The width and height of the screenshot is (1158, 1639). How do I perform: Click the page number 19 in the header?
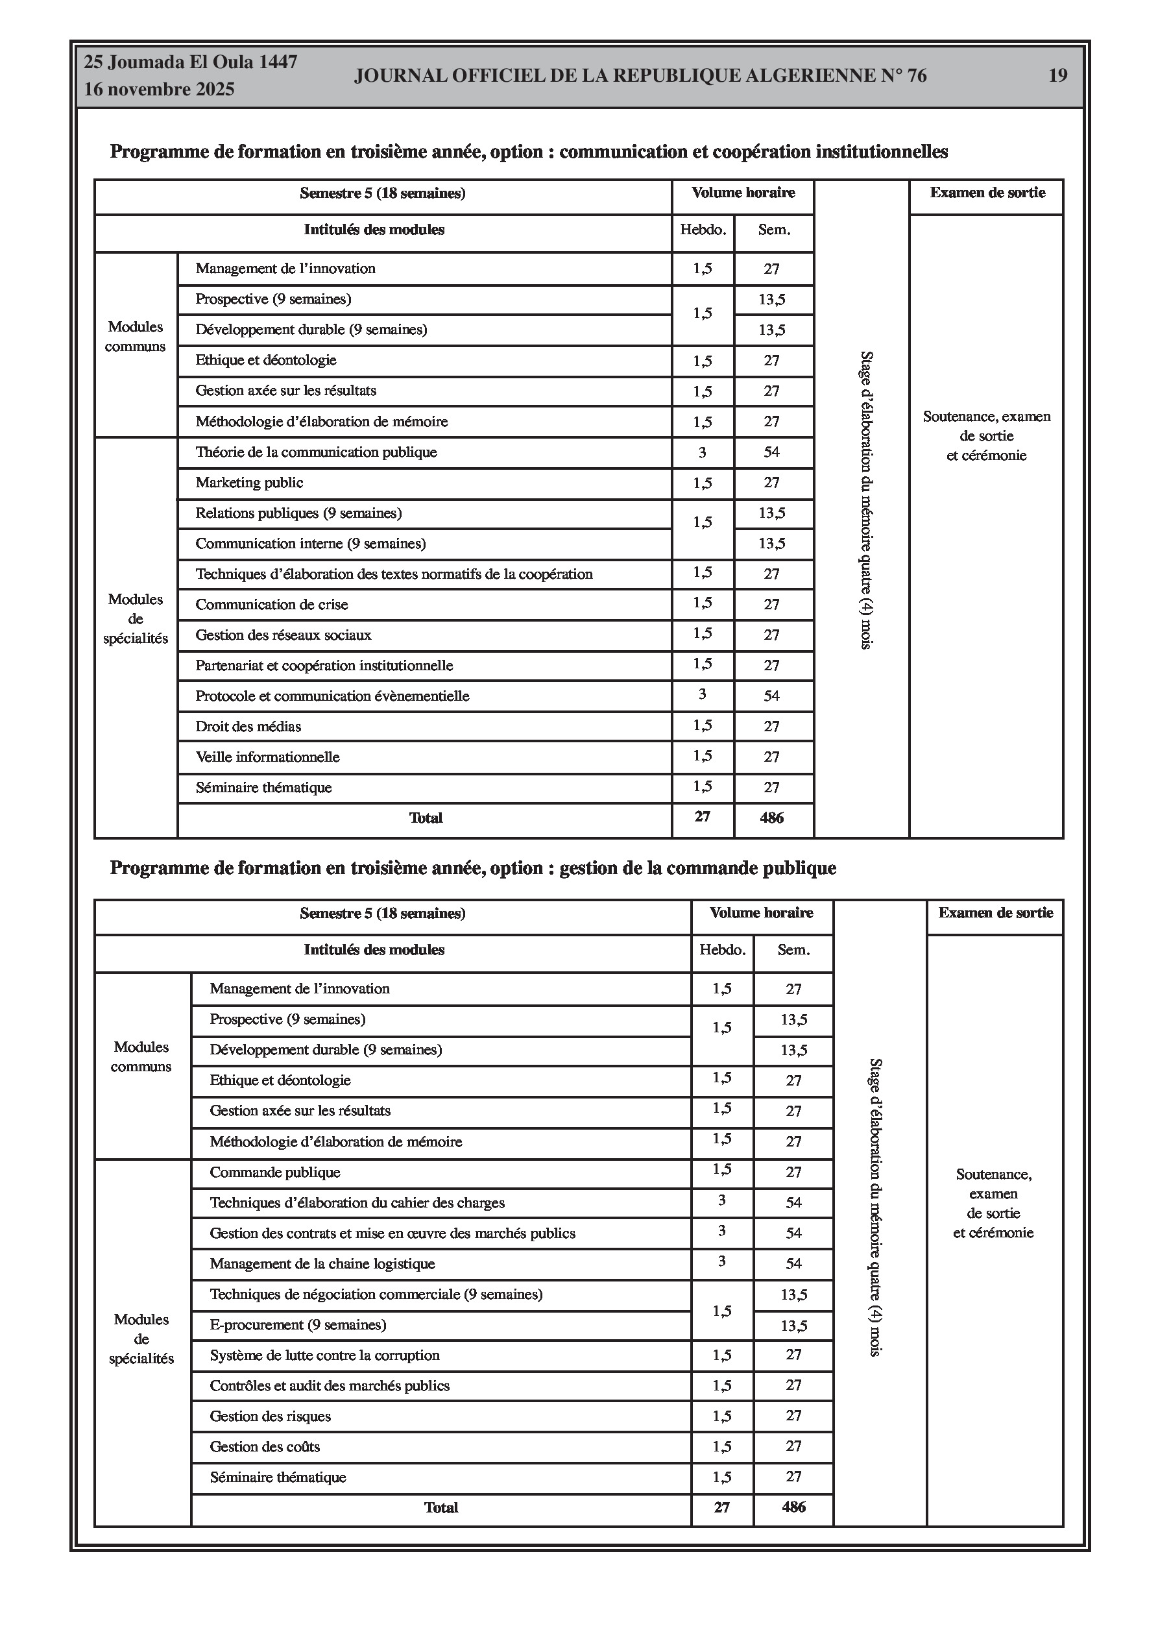[x=1057, y=76]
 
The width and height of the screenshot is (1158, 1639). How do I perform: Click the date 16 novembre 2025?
[x=159, y=90]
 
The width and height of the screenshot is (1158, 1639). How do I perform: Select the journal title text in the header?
[x=640, y=76]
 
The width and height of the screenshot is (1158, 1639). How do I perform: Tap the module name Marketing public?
[x=249, y=483]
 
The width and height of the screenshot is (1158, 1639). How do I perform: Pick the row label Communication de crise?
[x=271, y=605]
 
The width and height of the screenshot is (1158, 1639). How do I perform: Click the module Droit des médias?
[x=248, y=727]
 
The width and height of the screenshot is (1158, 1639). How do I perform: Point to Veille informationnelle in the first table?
[x=267, y=757]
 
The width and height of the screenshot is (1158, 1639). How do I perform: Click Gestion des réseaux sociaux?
[x=283, y=635]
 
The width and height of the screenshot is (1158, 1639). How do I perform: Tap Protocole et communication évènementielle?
[x=332, y=696]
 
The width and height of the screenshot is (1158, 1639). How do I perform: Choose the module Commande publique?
[x=275, y=1172]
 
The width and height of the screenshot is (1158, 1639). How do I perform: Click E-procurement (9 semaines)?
[x=298, y=1325]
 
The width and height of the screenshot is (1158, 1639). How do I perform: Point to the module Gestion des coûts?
[x=264, y=1447]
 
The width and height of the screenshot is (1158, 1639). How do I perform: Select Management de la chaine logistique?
[x=322, y=1263]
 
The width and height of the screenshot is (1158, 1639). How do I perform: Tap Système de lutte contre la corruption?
[x=324, y=1355]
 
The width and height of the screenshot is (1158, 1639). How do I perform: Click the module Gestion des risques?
[x=270, y=1416]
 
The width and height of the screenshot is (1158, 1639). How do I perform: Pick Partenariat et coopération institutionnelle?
[x=324, y=665]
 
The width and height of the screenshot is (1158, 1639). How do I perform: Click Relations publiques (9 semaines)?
[x=298, y=513]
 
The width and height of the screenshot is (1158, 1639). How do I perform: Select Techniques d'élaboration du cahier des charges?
[x=357, y=1203]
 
